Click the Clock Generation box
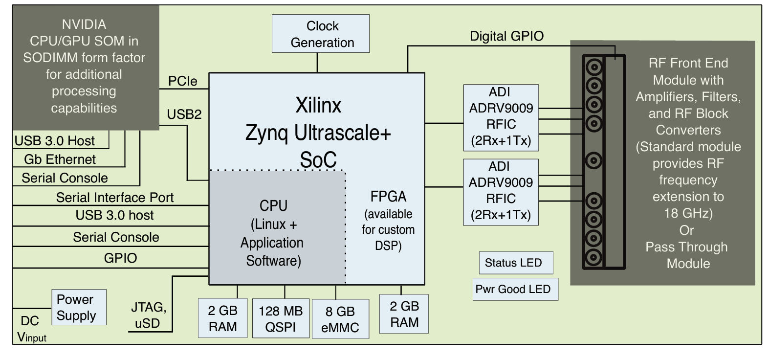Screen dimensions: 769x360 321,34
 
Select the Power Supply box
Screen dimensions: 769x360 79,307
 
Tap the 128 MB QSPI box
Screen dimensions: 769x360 281,318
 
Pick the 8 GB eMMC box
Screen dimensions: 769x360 341,319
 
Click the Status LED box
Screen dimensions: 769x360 516,263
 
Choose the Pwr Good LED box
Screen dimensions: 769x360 515,289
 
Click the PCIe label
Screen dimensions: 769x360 183,81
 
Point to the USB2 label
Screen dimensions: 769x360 184,114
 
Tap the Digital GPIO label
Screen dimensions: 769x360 506,36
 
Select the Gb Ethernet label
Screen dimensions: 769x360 60,159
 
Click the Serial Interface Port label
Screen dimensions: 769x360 115,198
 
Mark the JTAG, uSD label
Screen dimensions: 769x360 148,315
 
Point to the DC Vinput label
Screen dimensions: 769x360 31,329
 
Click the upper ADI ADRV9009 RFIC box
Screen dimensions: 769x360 501,118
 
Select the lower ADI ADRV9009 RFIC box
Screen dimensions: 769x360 501,192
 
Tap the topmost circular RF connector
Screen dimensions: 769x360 594,67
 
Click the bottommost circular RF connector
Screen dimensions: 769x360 594,257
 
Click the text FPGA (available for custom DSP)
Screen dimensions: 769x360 388,221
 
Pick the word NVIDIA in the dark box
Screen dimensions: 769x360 84,24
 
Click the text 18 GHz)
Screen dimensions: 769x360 688,213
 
